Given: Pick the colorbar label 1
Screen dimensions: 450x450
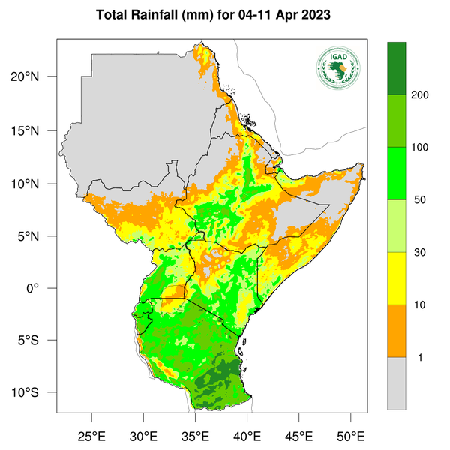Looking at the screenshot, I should pos(421,358).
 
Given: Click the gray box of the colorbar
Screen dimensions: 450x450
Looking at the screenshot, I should pos(396,383).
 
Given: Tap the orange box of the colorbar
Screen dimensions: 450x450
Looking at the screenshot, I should pos(396,331).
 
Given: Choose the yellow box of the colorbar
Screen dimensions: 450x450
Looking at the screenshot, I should pos(396,278).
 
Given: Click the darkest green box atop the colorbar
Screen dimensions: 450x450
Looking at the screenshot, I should pos(396,68).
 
